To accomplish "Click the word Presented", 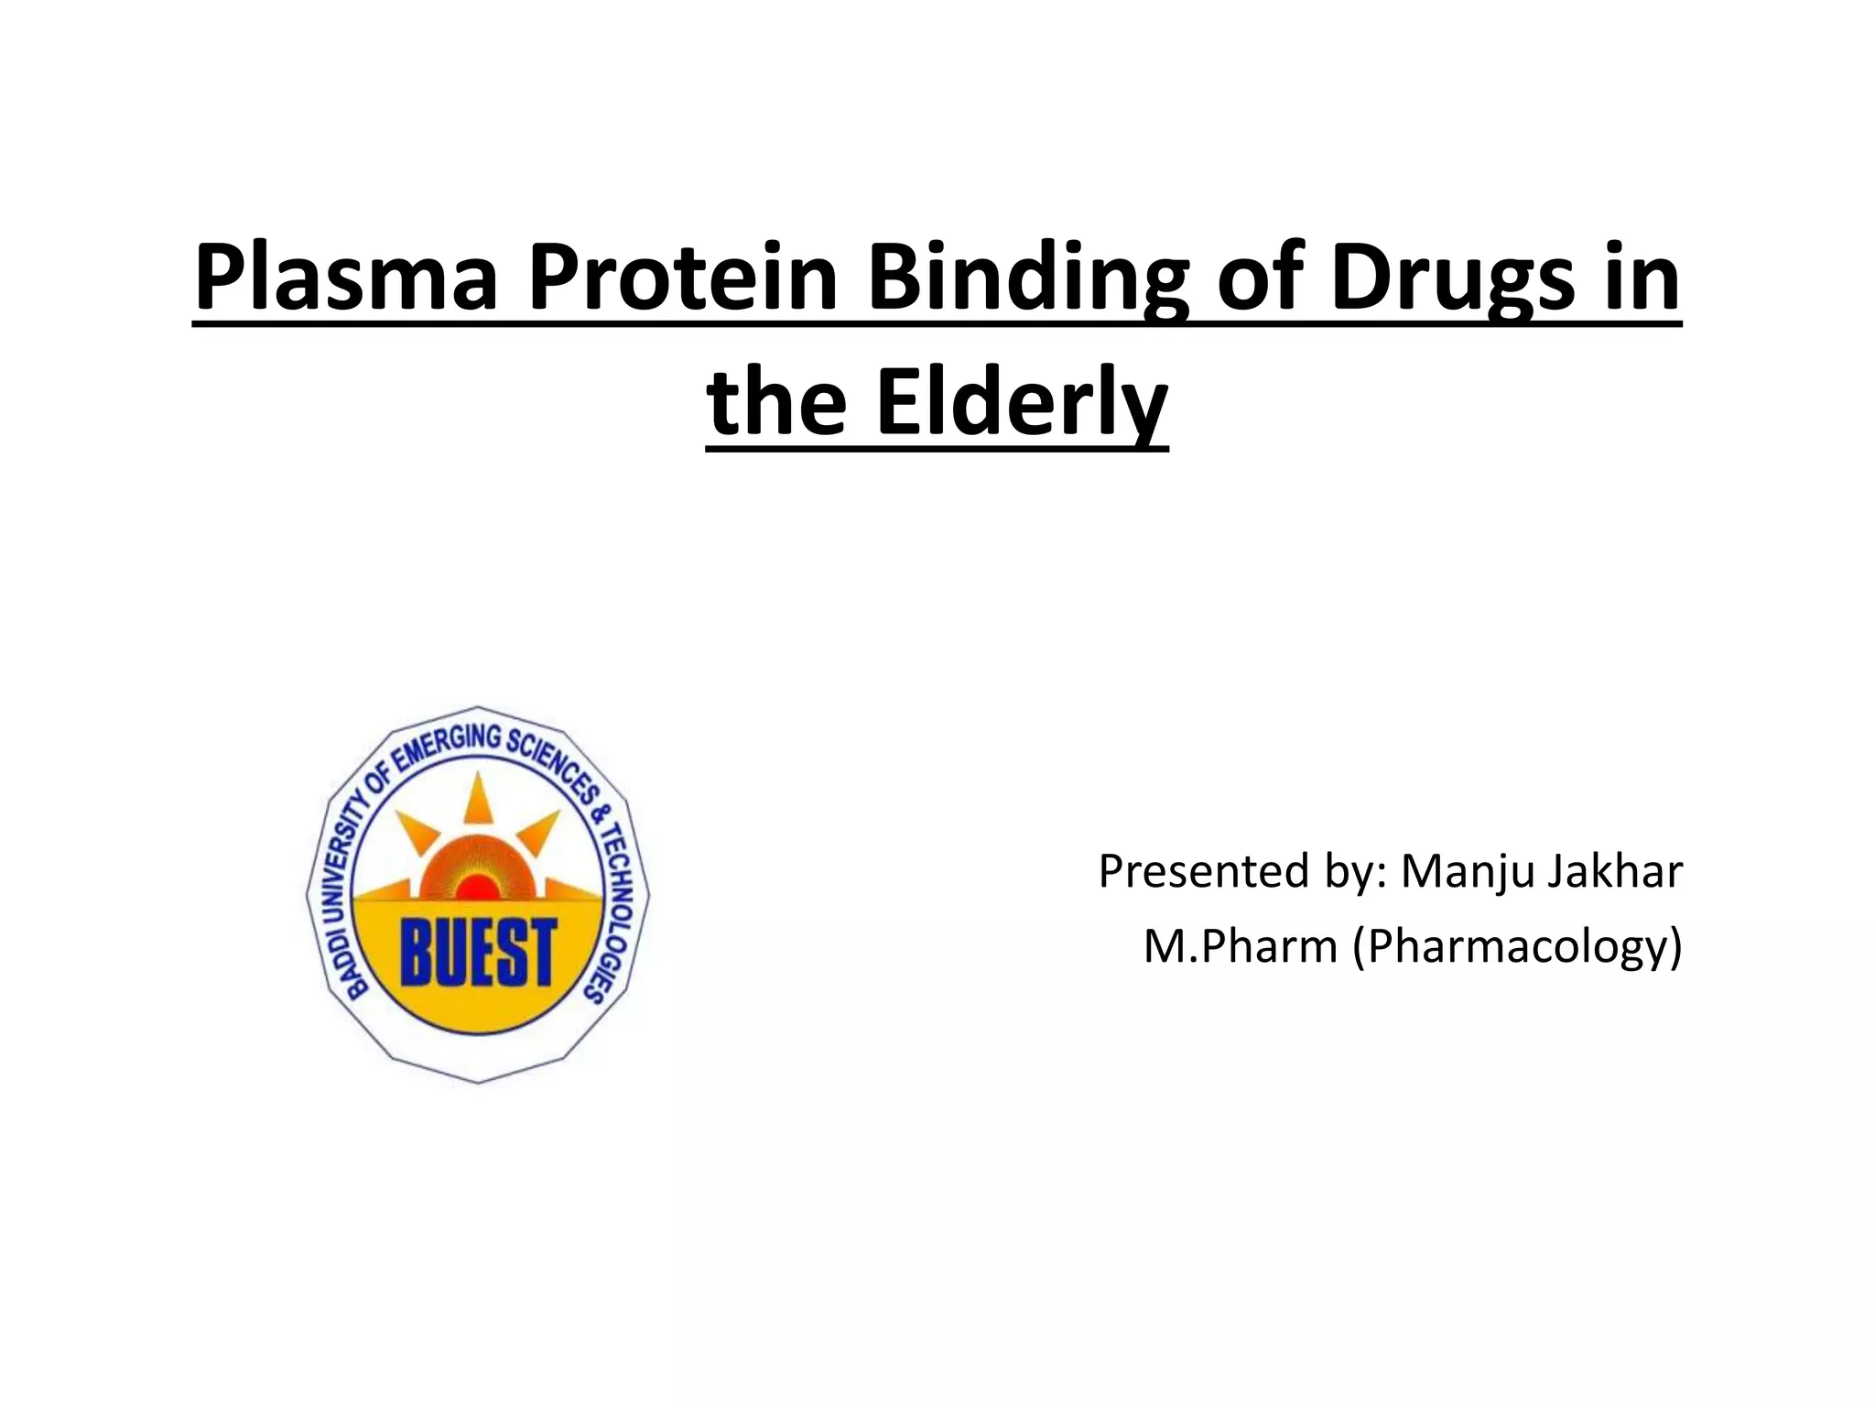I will coord(1203,871).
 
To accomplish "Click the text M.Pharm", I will coord(1240,946).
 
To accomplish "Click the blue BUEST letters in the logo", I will coord(478,954).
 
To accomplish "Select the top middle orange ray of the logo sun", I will coord(477,796).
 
